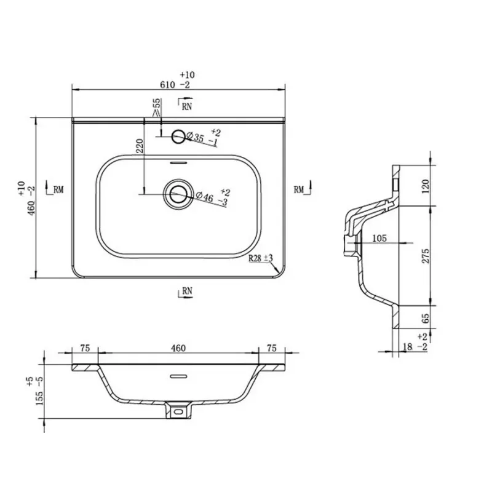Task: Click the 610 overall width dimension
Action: (x=167, y=85)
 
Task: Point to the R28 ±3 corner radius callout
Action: (x=261, y=258)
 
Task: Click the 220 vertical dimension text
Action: (x=140, y=146)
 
